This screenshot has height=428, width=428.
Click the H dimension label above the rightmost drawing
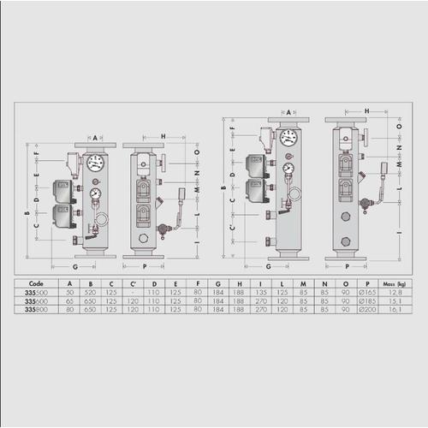[366, 111]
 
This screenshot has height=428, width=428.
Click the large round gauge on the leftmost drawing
[96, 163]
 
